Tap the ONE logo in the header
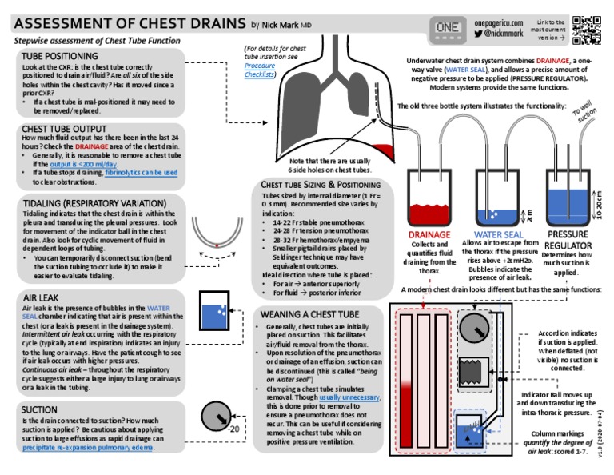(446, 30)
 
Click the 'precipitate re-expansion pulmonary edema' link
(88, 448)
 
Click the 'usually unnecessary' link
(349, 397)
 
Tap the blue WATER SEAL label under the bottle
(498, 235)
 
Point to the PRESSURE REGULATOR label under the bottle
(568, 240)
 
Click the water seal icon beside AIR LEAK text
(213, 312)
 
